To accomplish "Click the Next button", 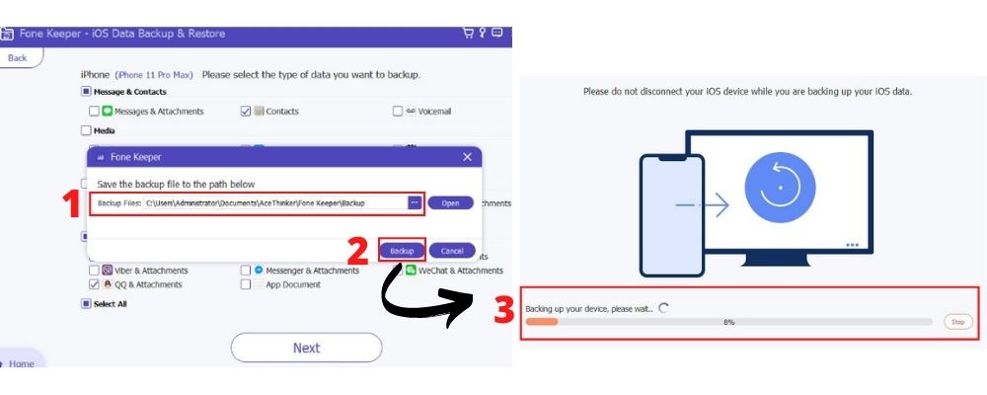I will tap(306, 348).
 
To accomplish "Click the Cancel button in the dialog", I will tap(452, 251).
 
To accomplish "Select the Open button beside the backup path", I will tap(450, 202).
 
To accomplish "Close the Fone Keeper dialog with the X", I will tap(467, 157).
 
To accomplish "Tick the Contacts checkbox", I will tap(246, 112).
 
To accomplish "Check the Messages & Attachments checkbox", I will tap(95, 112).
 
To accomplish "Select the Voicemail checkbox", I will tap(398, 112).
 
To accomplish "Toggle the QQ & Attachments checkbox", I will tap(95, 284).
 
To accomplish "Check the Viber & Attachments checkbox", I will tap(95, 270).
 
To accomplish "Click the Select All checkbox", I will tap(86, 304).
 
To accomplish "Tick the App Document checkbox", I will tap(246, 284).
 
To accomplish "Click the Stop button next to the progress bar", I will tap(956, 322).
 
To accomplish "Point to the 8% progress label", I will tap(729, 322).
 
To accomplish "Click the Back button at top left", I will tap(19, 58).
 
